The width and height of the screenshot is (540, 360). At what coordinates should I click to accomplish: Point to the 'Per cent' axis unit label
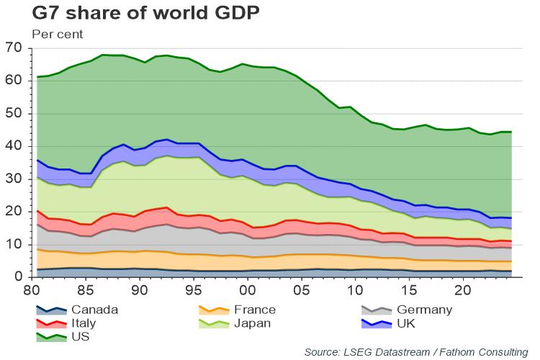point(57,34)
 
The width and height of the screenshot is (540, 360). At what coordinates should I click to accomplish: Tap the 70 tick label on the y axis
point(14,48)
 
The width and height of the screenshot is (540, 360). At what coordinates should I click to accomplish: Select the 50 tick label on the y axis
point(14,114)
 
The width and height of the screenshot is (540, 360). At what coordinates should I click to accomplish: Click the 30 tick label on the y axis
point(14,179)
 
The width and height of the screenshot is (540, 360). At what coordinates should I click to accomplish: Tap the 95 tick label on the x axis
point(194,290)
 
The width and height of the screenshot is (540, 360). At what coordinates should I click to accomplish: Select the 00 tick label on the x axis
point(247,290)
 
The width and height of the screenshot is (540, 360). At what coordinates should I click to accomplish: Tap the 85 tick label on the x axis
point(86,290)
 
